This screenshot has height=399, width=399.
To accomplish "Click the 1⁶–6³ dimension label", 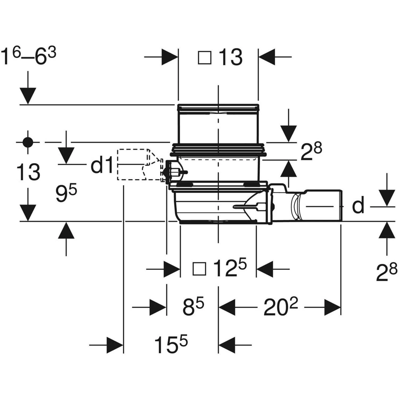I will pos(28,57).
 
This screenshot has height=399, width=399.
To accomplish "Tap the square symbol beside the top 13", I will pos(205,58).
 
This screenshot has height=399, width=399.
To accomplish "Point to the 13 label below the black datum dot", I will pos(28,172).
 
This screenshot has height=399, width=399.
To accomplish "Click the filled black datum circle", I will pos(28,143).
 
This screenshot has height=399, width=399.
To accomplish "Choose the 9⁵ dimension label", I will pos(66,194).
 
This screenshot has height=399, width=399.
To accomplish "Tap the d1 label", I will pos(102,166).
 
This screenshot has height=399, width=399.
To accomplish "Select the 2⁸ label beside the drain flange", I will pos(311,151).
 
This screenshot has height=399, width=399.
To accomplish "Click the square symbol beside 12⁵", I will pos(199,269).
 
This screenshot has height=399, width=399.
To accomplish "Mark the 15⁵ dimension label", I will pos(171,345).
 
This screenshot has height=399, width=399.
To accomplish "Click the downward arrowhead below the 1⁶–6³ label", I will pos(28,96).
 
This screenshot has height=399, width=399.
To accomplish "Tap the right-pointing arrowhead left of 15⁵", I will pos(115,345).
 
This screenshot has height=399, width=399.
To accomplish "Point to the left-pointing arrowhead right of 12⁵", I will pos(265,269).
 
